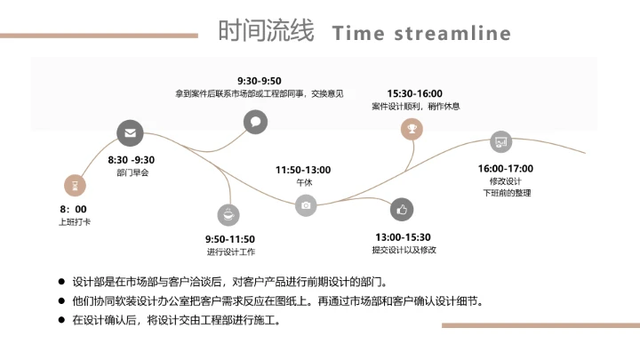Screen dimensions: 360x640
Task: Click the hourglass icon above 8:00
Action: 76,185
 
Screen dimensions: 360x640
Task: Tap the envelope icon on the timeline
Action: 131,134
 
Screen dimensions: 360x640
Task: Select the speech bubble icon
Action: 255,122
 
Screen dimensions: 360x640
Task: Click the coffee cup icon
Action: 228,214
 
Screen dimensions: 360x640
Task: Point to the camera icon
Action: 307,204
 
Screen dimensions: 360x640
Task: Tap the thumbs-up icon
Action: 402,210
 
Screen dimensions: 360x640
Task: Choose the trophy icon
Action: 412,130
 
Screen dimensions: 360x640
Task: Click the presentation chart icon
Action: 501,141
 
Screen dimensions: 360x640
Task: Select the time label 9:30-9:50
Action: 259,81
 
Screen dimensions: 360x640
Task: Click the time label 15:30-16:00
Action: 414,93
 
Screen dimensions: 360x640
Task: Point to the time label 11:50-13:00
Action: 303,170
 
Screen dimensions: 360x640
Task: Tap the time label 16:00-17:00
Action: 506,169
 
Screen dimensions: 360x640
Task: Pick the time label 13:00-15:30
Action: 403,237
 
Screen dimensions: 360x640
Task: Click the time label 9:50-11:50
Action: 230,239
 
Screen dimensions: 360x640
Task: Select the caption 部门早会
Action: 132,172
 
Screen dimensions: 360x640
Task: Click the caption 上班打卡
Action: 75,221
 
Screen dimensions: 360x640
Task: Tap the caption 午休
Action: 304,182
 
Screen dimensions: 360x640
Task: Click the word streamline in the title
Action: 452,34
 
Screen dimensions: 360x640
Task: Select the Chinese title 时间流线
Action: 266,31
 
